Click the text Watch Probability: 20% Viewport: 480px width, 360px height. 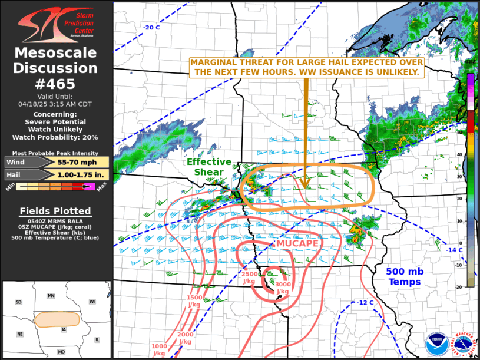tap(56, 137)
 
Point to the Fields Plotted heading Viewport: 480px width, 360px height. tap(55, 211)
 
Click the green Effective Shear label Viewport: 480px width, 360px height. tap(205, 167)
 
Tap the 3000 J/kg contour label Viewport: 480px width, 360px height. tap(283, 288)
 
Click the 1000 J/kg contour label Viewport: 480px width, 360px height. tap(158, 349)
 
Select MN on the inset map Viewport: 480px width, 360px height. tap(51, 295)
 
